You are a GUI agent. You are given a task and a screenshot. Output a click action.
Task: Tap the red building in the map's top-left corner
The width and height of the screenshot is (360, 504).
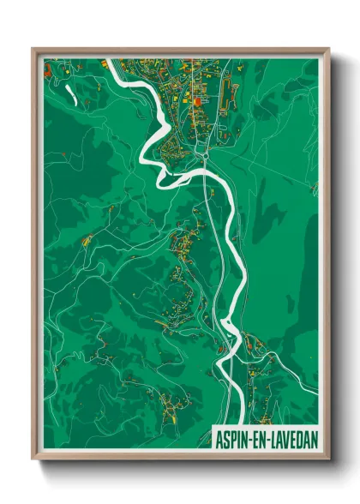click(x=48, y=64)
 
